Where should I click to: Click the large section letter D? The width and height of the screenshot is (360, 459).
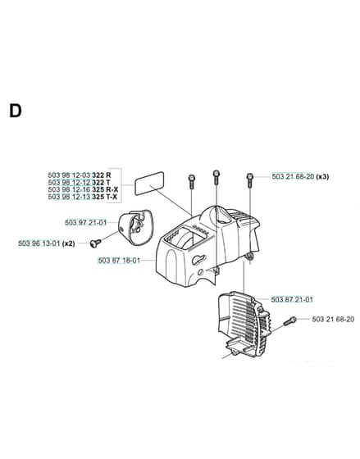(16, 111)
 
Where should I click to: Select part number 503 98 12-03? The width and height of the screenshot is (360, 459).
(70, 175)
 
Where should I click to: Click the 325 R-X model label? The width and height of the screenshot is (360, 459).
(105, 189)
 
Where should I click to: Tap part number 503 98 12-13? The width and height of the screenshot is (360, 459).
(70, 197)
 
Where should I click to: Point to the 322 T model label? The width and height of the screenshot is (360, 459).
(102, 182)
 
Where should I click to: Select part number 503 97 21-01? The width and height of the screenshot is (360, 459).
(86, 223)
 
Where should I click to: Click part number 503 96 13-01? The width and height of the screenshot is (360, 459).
(39, 243)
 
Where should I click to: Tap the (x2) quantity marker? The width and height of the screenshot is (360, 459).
(69, 243)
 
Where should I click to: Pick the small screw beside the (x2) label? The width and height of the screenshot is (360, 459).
(95, 243)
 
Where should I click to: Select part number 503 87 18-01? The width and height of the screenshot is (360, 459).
(119, 261)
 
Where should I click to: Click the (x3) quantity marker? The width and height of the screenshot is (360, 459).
(322, 176)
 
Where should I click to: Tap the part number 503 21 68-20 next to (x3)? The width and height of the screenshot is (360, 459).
(293, 176)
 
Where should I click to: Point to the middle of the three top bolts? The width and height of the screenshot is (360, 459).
(216, 177)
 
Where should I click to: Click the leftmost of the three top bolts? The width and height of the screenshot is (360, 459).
(191, 182)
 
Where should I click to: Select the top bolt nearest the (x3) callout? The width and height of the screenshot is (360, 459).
(250, 180)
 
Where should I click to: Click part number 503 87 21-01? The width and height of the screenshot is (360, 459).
(292, 299)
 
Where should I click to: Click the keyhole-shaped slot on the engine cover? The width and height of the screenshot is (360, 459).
(199, 259)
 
